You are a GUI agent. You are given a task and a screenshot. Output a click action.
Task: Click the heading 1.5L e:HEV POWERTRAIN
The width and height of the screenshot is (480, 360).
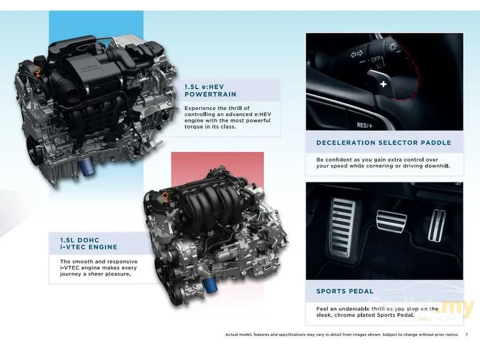click(x=210, y=90)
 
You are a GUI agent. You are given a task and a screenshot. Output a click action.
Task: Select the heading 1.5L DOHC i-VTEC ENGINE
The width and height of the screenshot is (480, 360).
click(x=89, y=244)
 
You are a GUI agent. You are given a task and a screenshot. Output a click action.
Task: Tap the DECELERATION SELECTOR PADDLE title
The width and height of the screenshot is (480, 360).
click(x=383, y=143)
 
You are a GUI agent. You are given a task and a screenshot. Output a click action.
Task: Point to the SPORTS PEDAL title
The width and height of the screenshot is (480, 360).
click(x=345, y=291)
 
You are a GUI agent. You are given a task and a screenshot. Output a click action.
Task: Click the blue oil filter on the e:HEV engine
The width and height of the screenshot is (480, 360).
click(x=87, y=167)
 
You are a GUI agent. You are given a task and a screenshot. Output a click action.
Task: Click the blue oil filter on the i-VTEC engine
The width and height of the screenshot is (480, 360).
click(x=209, y=284)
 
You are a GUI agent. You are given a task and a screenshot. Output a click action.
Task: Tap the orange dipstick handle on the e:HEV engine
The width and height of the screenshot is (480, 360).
click(x=37, y=71)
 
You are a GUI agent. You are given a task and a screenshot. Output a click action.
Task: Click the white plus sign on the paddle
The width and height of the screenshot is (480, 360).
click(x=383, y=84)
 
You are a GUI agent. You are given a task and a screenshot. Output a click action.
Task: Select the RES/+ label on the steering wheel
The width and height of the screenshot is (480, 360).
click(x=364, y=125)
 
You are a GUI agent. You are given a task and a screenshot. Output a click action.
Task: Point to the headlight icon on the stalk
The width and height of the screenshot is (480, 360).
click(x=393, y=47)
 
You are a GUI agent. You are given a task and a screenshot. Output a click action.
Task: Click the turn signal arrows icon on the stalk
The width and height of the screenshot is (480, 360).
click(x=356, y=54)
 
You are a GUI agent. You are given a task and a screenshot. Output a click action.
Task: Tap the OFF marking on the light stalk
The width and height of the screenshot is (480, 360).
click(x=376, y=59)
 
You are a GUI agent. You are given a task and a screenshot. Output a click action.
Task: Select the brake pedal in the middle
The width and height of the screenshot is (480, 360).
click(x=391, y=222)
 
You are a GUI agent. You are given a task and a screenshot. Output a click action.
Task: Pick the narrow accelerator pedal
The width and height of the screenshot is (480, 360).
click(x=437, y=225)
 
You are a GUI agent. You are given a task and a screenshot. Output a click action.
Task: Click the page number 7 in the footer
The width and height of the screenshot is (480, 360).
click(x=467, y=334)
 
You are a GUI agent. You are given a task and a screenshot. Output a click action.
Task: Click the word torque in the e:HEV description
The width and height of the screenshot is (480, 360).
click(x=193, y=127)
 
